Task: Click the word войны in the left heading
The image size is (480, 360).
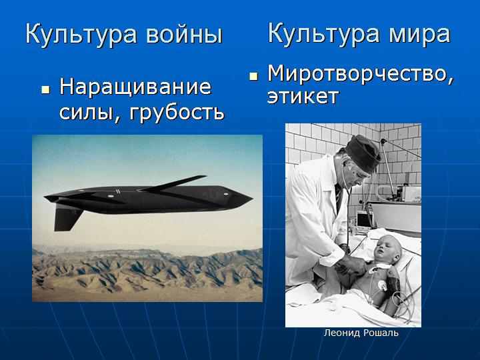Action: coord(184,34)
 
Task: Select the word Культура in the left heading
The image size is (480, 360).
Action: coord(81,35)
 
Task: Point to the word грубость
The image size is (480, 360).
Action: coord(177,113)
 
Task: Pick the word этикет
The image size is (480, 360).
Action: coord(303,97)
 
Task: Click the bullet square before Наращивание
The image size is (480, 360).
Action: coord(45,90)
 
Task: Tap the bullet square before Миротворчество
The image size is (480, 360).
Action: coord(253,76)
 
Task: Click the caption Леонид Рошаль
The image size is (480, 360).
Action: coord(361,333)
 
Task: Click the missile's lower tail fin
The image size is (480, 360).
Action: coord(67,217)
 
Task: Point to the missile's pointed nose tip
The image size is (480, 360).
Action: coord(252,199)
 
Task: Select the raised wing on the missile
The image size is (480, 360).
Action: coord(174,183)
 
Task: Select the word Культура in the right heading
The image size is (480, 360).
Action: coord(324,34)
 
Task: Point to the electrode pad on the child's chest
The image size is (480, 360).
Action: coord(383,286)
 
